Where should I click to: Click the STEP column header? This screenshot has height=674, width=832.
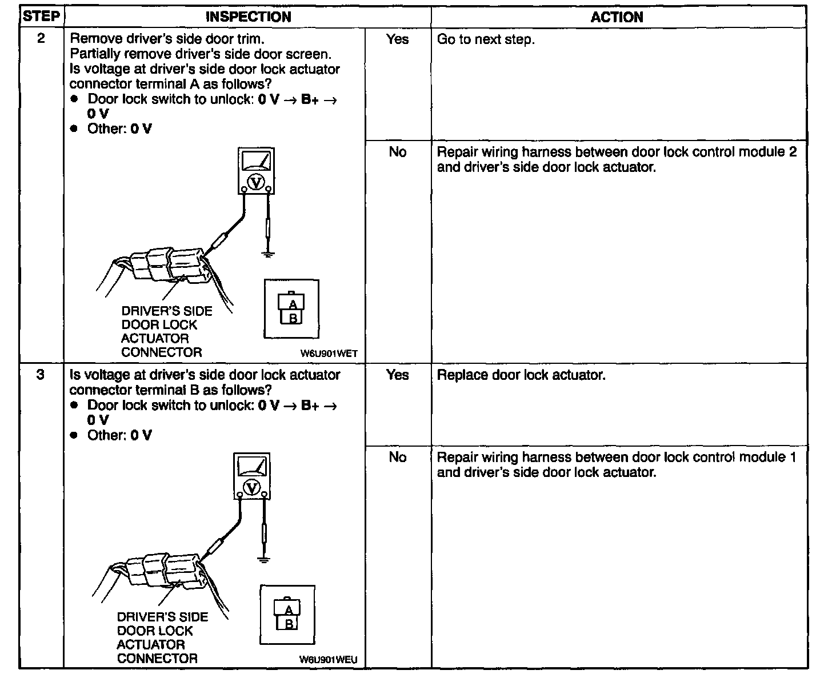[41, 16]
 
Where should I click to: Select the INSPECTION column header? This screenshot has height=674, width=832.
[248, 17]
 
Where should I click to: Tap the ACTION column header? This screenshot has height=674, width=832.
[617, 17]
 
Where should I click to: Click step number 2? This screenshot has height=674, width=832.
[41, 39]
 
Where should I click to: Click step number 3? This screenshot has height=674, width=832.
[41, 375]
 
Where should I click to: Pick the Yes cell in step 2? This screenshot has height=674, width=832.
[397, 39]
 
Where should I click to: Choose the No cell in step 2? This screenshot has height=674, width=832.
[397, 152]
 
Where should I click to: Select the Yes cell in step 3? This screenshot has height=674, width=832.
[397, 375]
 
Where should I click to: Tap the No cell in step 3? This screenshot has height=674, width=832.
[397, 457]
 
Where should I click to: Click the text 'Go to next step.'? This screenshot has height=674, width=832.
[486, 40]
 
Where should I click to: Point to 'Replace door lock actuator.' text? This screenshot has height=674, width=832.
[521, 375]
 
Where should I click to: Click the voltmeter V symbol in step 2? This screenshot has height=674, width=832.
[257, 182]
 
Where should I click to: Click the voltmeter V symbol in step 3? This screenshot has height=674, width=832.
[252, 487]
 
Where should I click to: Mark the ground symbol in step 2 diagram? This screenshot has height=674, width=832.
[267, 253]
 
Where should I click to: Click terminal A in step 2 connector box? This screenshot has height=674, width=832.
[293, 304]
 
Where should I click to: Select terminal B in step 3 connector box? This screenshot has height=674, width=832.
[289, 624]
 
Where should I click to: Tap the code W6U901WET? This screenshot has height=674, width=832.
[329, 354]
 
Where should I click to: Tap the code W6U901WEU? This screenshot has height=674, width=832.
[328, 660]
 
